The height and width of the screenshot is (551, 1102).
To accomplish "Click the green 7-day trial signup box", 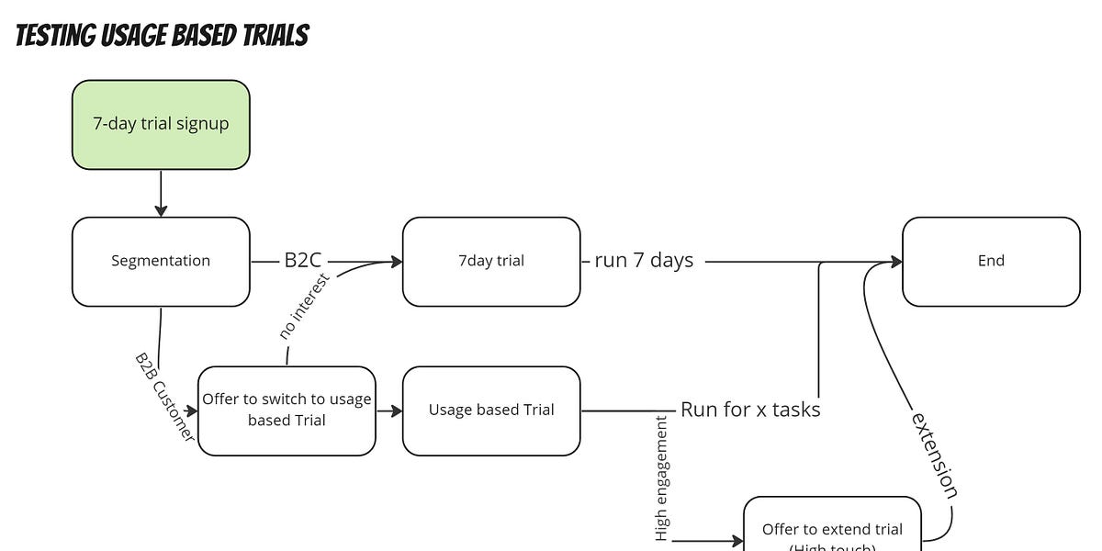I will pyautogui.click(x=161, y=124).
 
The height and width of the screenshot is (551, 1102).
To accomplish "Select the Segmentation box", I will pyautogui.click(x=161, y=261).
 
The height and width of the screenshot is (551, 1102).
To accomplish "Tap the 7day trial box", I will pyautogui.click(x=490, y=261).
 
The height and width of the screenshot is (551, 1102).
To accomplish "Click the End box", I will pyautogui.click(x=991, y=261).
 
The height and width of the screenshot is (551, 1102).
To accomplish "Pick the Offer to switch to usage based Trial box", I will pyautogui.click(x=287, y=410).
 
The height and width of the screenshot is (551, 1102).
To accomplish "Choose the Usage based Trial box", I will pyautogui.click(x=490, y=410).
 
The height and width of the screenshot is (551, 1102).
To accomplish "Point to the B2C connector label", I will pyautogui.click(x=302, y=261).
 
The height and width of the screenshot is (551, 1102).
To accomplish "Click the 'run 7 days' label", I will pyautogui.click(x=643, y=261).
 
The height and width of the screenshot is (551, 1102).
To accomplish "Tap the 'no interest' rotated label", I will pyautogui.click(x=305, y=306).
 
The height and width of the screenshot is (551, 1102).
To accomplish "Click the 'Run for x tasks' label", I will pyautogui.click(x=750, y=410).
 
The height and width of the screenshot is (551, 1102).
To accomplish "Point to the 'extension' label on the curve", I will pyautogui.click(x=934, y=455).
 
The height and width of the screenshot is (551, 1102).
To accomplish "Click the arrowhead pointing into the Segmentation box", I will pyautogui.click(x=161, y=211).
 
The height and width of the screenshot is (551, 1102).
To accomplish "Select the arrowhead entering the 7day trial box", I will pyautogui.click(x=397, y=262).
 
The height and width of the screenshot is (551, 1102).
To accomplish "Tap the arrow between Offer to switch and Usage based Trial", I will pyautogui.click(x=389, y=410).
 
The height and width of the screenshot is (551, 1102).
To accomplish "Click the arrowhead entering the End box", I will pyautogui.click(x=895, y=262).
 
